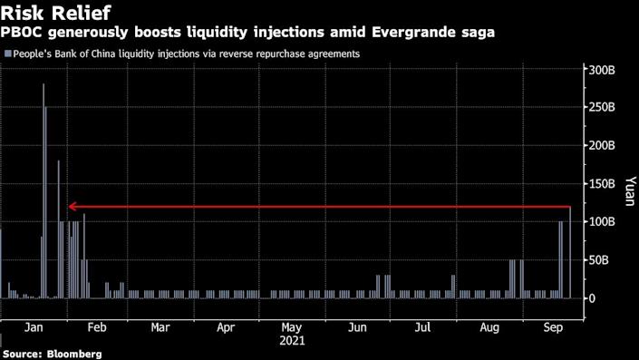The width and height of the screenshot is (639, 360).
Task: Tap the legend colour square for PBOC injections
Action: [x=7, y=54]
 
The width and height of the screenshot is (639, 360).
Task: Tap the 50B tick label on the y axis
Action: [x=600, y=260]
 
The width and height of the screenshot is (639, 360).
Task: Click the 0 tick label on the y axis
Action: [x=593, y=298]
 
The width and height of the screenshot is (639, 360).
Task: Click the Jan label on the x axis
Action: [x=34, y=326]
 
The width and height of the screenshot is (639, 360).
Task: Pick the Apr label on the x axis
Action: [x=226, y=326]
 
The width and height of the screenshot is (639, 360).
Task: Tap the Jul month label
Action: [x=421, y=326]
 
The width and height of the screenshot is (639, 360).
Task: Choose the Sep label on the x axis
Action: [x=552, y=326]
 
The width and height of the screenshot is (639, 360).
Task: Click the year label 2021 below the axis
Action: [x=292, y=342]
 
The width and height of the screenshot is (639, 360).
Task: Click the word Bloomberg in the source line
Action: [x=70, y=354]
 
